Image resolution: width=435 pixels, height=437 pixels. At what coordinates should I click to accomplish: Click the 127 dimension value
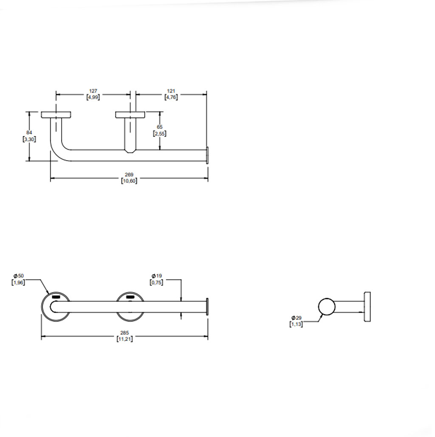pos(93,91)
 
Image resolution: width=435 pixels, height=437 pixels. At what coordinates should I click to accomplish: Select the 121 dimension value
pos(171,91)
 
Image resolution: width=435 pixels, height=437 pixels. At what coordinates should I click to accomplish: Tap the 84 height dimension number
pos(29,133)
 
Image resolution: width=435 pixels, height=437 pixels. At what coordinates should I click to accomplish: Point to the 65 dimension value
pos(160,127)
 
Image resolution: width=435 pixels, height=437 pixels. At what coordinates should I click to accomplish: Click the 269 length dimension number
pos(129,174)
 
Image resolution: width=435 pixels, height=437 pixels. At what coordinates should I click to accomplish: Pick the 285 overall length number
pos(124,332)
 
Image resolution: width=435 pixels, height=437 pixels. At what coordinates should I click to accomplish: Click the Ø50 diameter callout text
pos(19,276)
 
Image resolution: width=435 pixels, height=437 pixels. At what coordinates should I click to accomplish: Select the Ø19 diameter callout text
pos(156,276)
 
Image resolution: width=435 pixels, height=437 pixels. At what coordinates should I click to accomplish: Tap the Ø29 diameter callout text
pos(297,318)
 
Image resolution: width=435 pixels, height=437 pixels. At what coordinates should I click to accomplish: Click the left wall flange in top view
pos(56,115)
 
